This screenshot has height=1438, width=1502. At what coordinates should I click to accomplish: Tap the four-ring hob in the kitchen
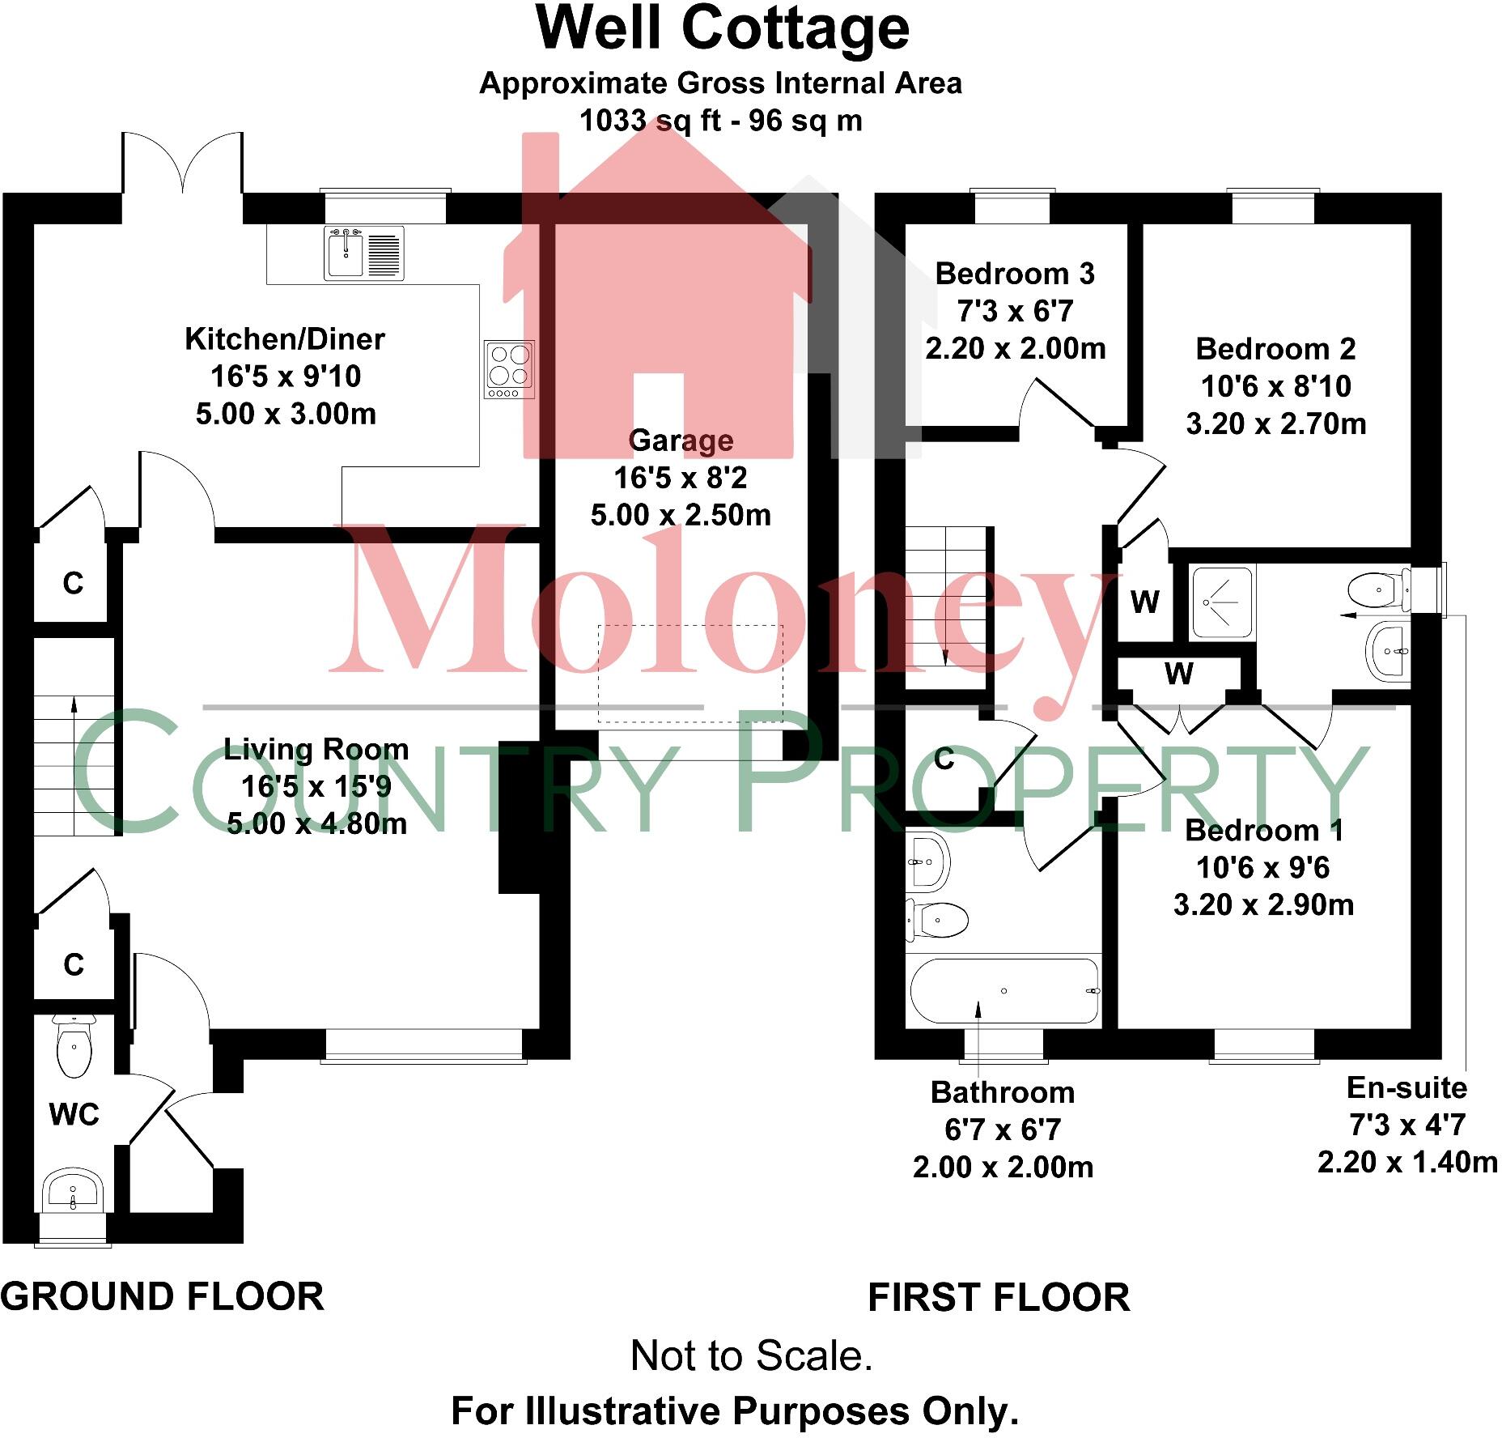510,369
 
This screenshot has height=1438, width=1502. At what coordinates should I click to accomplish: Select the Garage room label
681,440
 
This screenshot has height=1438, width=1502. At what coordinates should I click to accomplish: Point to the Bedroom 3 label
1015,274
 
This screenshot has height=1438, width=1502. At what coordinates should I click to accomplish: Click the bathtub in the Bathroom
1004,990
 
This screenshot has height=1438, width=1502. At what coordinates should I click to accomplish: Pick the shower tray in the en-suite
1221,600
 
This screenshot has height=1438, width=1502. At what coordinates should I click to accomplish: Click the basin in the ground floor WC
74,1190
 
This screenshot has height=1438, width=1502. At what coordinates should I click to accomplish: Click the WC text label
74,1115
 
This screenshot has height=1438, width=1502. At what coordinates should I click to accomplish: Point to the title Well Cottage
723,30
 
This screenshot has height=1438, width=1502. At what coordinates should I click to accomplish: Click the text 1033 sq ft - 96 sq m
720,121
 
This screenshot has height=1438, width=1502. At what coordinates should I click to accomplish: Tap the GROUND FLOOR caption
162,1297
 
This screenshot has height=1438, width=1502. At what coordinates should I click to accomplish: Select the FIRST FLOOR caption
999,1298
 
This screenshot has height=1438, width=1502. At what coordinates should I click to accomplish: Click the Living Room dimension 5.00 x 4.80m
316,824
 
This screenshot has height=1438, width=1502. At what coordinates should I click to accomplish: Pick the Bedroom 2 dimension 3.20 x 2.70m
1275,423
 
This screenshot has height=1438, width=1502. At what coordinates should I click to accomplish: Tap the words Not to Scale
751,1355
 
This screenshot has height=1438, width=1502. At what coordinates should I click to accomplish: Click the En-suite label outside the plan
1407,1087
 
